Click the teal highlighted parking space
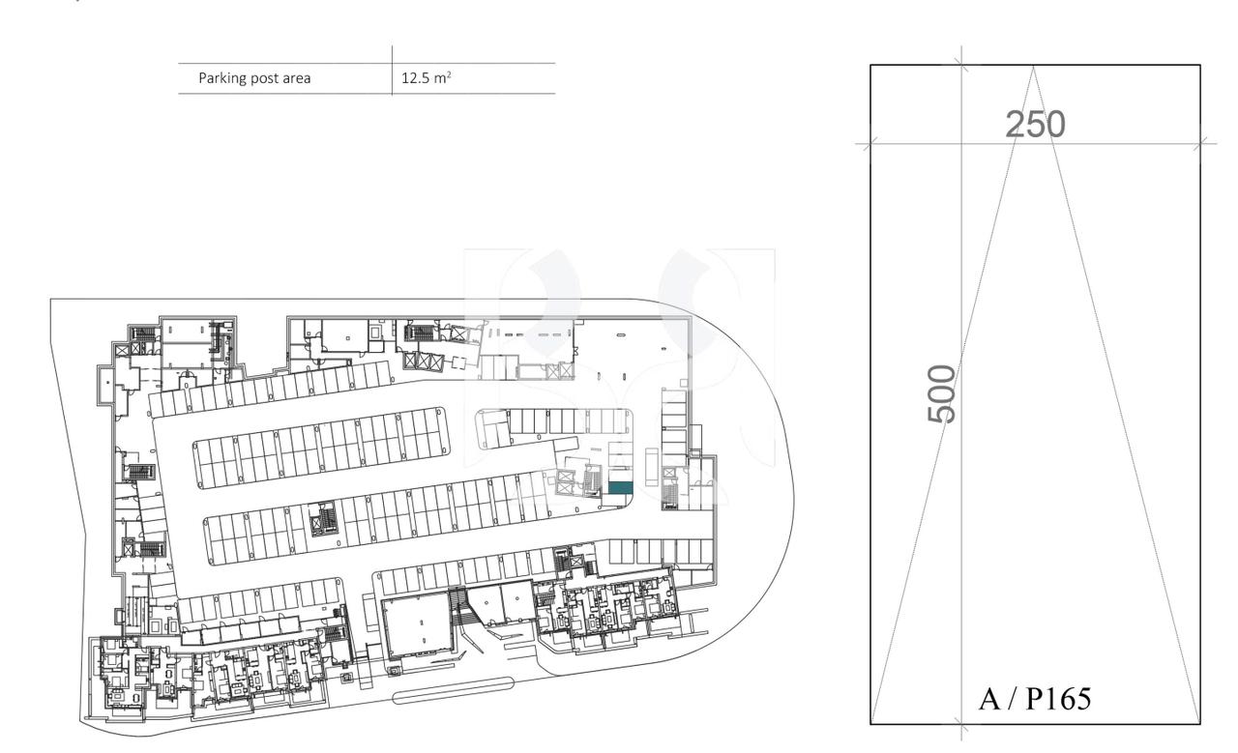619,488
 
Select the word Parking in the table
221,78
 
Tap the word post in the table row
264,78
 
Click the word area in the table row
296,78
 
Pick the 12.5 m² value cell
426,78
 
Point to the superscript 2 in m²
448,74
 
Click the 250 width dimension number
1035,124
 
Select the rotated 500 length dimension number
942,393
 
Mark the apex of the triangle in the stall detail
1034,66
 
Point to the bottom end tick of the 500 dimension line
960,723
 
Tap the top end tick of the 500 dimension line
960,66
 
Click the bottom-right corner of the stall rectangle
1200,723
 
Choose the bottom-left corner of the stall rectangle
870,723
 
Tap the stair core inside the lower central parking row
319,522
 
